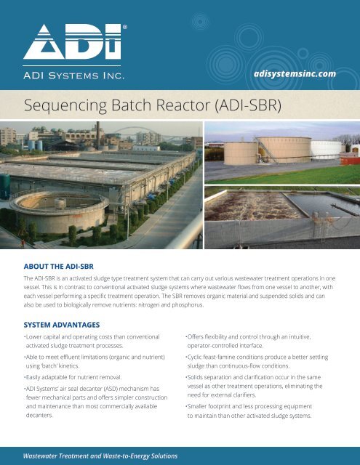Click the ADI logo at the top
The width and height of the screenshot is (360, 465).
point(72,41)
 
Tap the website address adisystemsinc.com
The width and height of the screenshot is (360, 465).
point(294,73)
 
